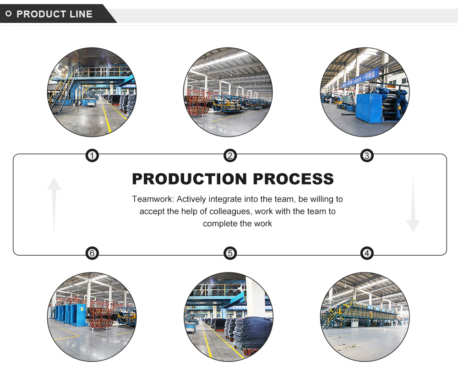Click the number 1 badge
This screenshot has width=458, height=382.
coord(92,156)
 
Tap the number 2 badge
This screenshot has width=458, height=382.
coord(230,156)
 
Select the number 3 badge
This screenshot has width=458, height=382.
coord(366,156)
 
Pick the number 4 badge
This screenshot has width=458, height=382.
coord(366,253)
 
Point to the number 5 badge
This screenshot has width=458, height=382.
coord(230,253)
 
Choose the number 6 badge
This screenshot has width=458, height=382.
coord(92,253)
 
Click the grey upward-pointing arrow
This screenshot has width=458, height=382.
coord(54,204)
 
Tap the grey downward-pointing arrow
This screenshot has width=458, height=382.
coord(413,205)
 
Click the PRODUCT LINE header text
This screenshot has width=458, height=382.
coord(54,14)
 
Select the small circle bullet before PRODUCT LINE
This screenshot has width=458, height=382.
coord(8,14)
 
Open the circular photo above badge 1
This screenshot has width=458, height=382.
coord(92,92)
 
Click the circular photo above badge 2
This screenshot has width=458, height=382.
coord(228,92)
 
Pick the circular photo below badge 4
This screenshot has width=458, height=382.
coord(365,317)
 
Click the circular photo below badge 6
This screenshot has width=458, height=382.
coord(92,317)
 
